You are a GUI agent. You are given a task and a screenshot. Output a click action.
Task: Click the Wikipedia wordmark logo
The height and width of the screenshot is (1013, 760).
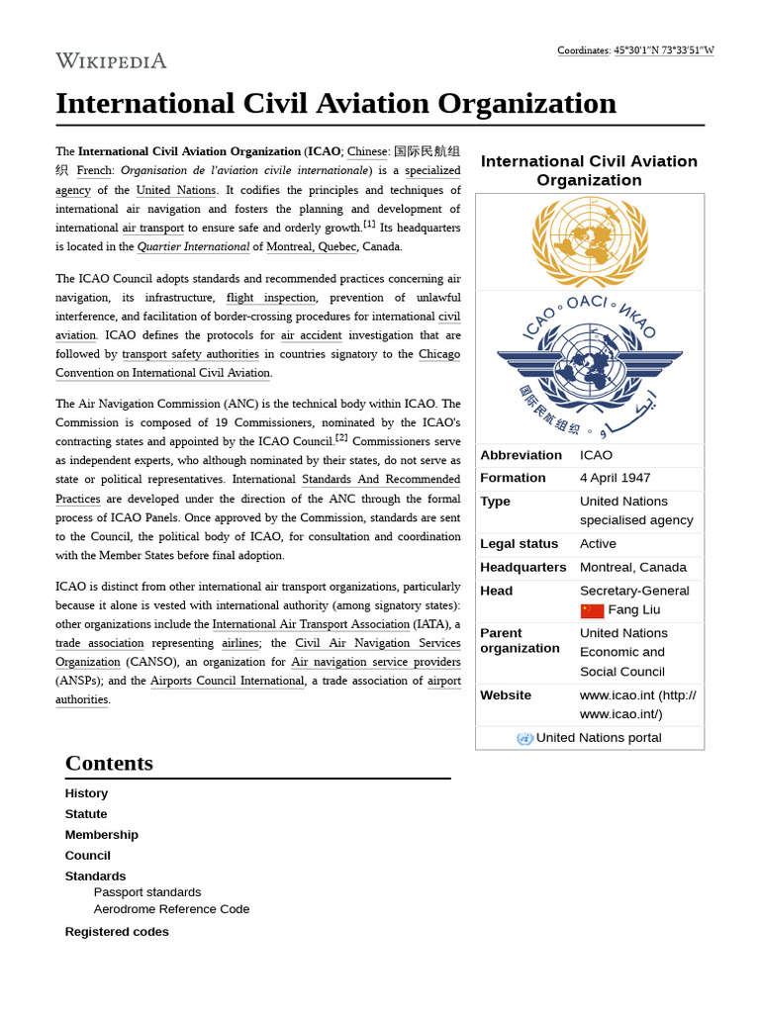click(x=111, y=61)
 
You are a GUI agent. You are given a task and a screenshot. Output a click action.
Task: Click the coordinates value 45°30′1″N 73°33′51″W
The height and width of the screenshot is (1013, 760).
click(x=663, y=50)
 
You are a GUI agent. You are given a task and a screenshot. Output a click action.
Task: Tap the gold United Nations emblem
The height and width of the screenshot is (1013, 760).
click(x=590, y=241)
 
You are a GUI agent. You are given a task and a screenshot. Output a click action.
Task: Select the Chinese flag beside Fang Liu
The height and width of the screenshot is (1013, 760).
click(x=592, y=610)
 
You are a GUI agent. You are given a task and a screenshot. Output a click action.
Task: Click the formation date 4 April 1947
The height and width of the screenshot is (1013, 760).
click(x=615, y=478)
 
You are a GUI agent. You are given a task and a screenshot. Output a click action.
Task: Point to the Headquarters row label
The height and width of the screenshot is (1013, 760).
click(x=522, y=567)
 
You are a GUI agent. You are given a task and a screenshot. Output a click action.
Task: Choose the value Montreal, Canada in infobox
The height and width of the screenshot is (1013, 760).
click(x=632, y=567)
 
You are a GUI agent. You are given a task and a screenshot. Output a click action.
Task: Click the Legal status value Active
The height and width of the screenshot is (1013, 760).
click(x=598, y=543)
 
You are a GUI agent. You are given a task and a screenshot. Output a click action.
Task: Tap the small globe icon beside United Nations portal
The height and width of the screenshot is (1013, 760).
click(x=524, y=738)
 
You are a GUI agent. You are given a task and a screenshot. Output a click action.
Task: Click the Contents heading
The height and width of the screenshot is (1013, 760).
click(x=109, y=763)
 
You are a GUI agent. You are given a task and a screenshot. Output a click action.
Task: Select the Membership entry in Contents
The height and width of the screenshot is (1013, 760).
click(x=101, y=834)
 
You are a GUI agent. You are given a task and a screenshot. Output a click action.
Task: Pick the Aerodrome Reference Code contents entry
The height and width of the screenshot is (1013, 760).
click(x=171, y=908)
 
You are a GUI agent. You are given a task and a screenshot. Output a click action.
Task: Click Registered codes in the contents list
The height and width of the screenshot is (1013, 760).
click(x=117, y=931)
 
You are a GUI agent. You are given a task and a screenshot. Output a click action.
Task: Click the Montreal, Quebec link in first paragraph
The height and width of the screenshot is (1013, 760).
click(x=311, y=246)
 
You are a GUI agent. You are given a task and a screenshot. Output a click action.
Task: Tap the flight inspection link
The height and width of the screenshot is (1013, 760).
click(x=270, y=298)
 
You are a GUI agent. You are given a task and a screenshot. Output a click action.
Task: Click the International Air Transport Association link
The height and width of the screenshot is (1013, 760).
click(x=311, y=624)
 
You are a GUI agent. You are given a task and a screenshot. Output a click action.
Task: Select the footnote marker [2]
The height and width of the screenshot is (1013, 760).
click(x=341, y=437)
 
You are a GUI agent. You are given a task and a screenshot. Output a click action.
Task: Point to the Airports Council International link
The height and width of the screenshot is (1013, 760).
click(x=227, y=681)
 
